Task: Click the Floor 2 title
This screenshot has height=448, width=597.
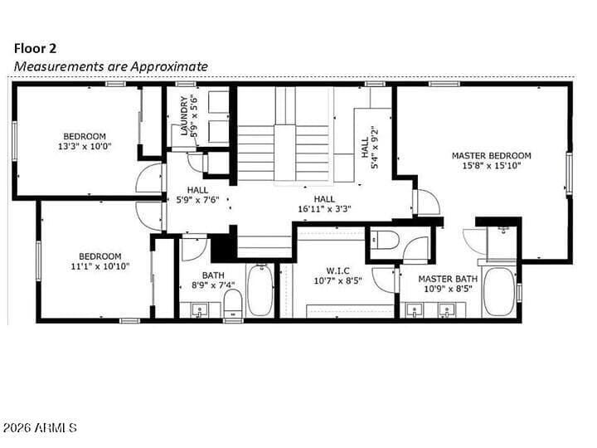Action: (35, 49)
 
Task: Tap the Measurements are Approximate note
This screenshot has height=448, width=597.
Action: (111, 66)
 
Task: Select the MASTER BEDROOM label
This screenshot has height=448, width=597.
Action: (491, 156)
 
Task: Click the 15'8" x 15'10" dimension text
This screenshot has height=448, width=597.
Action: (491, 166)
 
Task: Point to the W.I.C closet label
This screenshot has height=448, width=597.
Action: (337, 270)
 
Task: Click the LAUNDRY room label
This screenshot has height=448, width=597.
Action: (184, 116)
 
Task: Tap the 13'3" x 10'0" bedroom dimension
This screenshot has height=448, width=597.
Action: (85, 146)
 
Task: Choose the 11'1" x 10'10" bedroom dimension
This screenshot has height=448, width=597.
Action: (100, 266)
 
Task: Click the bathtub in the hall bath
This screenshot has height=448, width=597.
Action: (260, 290)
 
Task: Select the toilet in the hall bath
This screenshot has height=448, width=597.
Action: (233, 304)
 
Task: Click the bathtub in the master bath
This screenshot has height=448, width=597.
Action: (499, 292)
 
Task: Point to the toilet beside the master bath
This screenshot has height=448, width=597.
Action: (385, 240)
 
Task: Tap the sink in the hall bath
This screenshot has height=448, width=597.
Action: (199, 310)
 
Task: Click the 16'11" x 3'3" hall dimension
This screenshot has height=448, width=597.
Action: (324, 209)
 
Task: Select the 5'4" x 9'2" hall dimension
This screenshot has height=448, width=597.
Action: (374, 148)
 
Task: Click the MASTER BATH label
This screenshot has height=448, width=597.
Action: (448, 280)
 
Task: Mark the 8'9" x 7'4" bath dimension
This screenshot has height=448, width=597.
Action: (213, 285)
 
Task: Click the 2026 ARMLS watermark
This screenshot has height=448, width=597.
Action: (39, 427)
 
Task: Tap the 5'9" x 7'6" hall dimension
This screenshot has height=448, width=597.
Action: (197, 200)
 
